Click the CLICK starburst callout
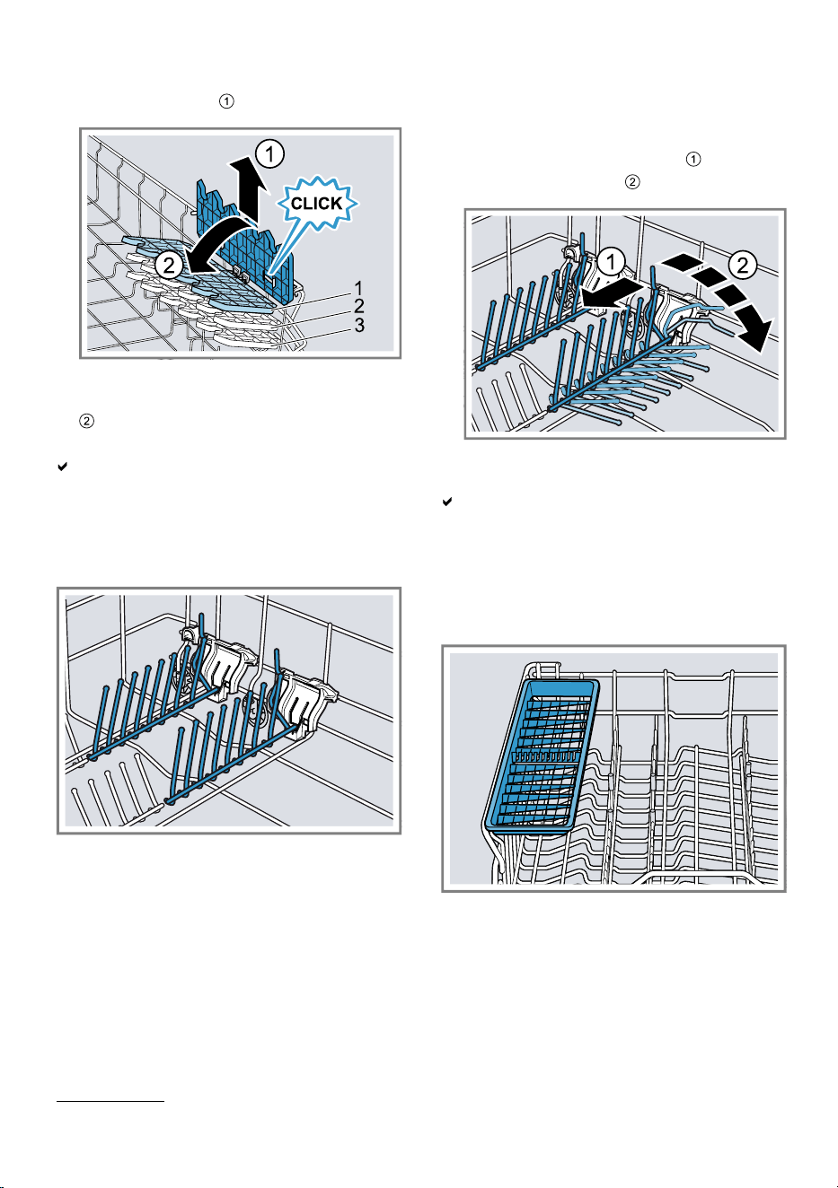point(316,204)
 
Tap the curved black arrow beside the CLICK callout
point(222,243)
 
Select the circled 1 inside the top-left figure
point(269,153)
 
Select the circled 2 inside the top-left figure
point(169,265)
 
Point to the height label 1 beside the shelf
point(358,289)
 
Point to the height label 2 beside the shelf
point(359,307)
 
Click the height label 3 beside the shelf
point(359,325)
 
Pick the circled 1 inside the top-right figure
point(611,262)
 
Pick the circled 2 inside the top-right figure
point(743,264)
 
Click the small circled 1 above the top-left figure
point(226,101)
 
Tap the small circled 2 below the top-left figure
point(86,421)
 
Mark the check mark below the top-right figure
point(447,502)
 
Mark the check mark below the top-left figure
point(62,467)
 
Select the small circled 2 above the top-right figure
point(632,182)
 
